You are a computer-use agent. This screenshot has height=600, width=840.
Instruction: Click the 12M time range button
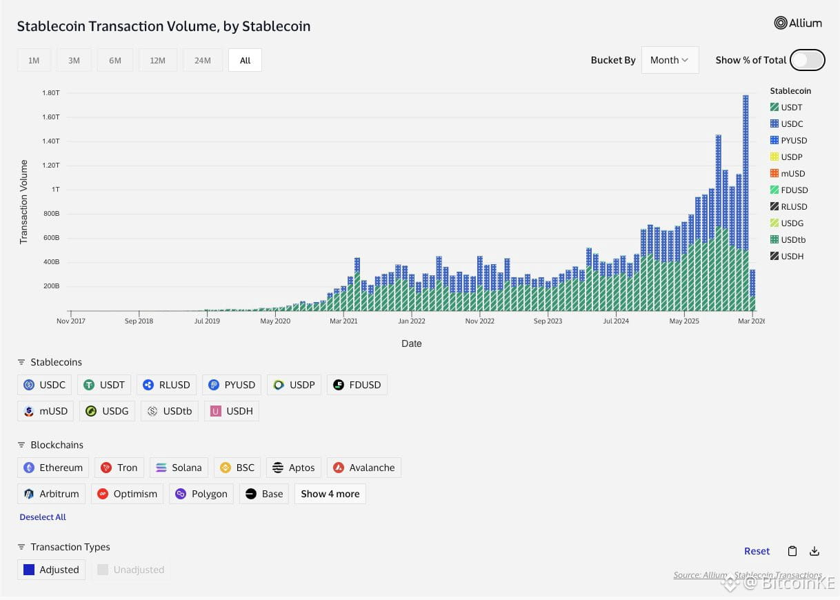point(157,61)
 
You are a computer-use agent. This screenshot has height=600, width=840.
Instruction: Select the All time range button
point(245,61)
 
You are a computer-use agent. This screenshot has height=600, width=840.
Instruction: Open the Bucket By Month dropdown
point(669,60)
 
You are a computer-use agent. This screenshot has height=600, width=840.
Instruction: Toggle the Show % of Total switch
point(807,60)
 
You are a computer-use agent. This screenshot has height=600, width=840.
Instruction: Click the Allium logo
point(798,23)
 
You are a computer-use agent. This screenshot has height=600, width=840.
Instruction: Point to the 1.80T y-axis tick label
point(51,92)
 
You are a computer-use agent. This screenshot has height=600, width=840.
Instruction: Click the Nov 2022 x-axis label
point(479,321)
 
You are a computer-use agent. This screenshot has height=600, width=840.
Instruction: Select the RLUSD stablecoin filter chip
point(166,385)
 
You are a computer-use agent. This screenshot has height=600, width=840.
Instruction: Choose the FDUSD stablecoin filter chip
point(357,385)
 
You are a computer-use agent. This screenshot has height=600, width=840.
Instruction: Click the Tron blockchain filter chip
point(119,468)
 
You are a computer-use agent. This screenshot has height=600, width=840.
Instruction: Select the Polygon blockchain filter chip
point(201,494)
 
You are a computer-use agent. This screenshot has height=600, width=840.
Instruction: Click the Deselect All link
point(43,517)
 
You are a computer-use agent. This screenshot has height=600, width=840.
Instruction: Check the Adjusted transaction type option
point(51,570)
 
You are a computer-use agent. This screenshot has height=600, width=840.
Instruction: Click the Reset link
point(757,551)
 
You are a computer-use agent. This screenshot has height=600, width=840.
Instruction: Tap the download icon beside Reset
point(814,551)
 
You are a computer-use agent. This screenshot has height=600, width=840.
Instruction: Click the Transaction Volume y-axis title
point(24,201)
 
